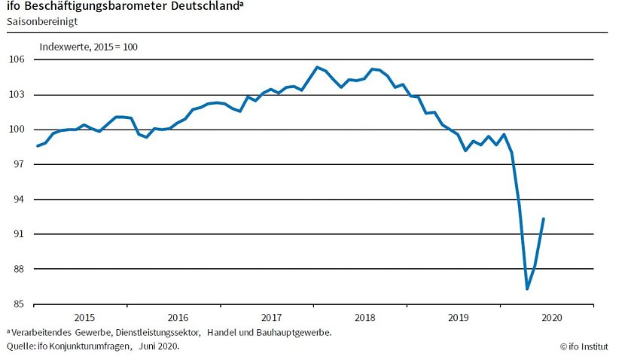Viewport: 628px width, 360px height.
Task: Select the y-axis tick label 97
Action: [x=19, y=164]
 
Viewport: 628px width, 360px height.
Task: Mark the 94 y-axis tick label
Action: [x=19, y=200]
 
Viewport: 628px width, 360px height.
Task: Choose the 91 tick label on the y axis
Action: [x=19, y=234]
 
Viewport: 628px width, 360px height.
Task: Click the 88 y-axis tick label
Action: [x=19, y=269]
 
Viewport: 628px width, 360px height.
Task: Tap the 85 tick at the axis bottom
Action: [x=19, y=304]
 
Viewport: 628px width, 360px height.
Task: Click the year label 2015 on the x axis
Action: [x=84, y=317]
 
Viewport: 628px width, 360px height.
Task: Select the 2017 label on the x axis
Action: [x=270, y=317]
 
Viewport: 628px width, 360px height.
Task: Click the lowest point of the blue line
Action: [x=527, y=288]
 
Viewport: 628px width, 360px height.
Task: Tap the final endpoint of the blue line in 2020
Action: [x=544, y=218]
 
